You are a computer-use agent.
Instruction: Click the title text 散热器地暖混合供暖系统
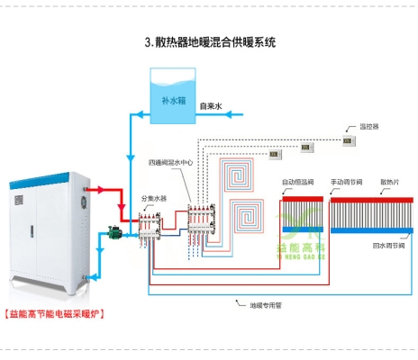[209, 42]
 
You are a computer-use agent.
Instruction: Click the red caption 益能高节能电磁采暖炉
[54, 314]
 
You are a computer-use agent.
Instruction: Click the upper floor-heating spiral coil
[243, 174]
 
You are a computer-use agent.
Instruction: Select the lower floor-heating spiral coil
[249, 217]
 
